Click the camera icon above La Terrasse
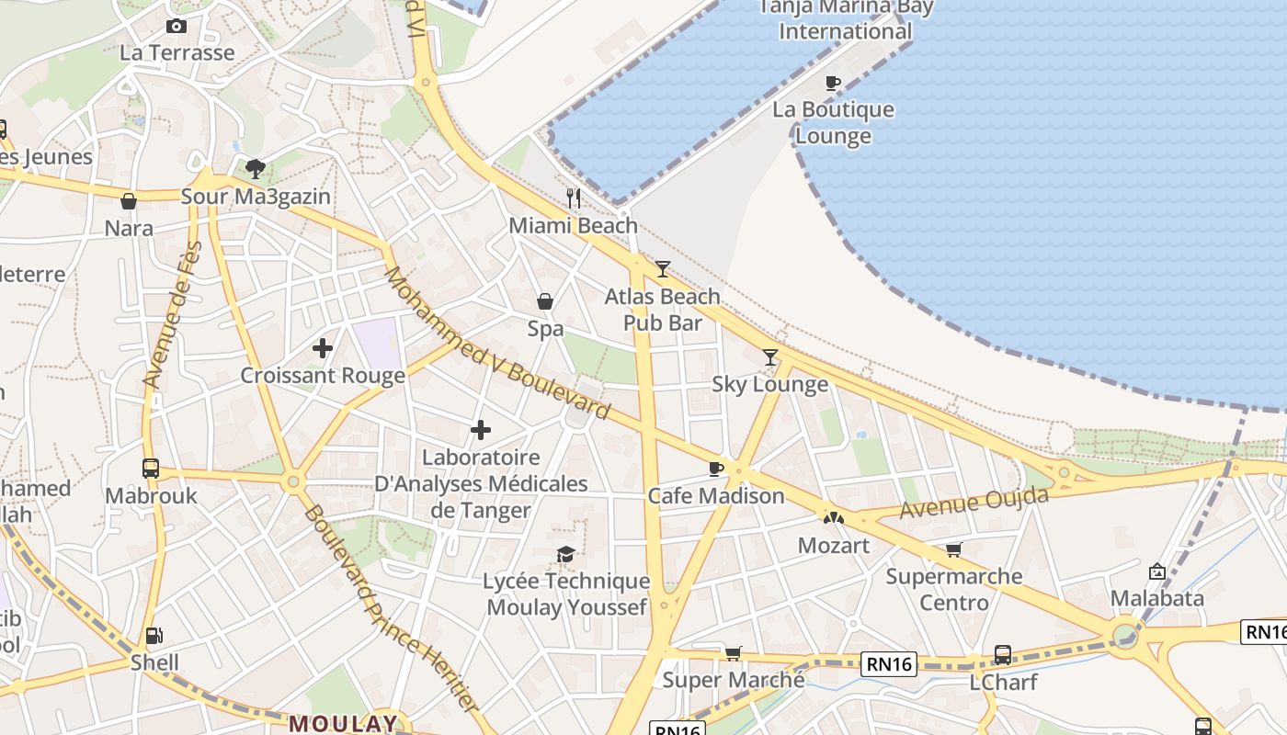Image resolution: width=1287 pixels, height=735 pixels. tap(177, 27)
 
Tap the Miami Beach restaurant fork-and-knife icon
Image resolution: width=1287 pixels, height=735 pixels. tap(574, 198)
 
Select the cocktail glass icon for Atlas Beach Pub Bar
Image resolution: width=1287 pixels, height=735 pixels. tap(663, 269)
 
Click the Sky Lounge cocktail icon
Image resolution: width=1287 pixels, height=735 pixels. tap(770, 357)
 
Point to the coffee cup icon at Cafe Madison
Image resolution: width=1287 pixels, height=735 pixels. tap(716, 469)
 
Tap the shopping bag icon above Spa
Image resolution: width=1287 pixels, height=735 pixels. tap(545, 301)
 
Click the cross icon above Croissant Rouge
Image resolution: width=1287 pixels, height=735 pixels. tap(323, 348)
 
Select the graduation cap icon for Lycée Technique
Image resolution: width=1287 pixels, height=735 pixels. tap(566, 554)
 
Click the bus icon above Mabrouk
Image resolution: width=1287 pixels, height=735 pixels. tap(151, 469)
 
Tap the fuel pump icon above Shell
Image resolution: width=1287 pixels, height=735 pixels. tap(154, 635)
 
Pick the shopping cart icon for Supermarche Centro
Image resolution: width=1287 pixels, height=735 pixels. tap(954, 549)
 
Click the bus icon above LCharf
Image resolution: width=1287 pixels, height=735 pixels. tap(1003, 655)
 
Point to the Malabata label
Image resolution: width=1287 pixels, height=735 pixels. tap(1156, 598)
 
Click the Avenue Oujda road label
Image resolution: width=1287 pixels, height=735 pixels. tap(974, 503)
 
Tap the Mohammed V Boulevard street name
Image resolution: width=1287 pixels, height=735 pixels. tap(496, 344)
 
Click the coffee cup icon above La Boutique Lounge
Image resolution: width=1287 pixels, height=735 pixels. tap(833, 83)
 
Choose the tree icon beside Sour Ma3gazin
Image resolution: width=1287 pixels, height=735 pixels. tap(255, 169)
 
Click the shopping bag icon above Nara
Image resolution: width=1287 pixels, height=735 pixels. tap(129, 201)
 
